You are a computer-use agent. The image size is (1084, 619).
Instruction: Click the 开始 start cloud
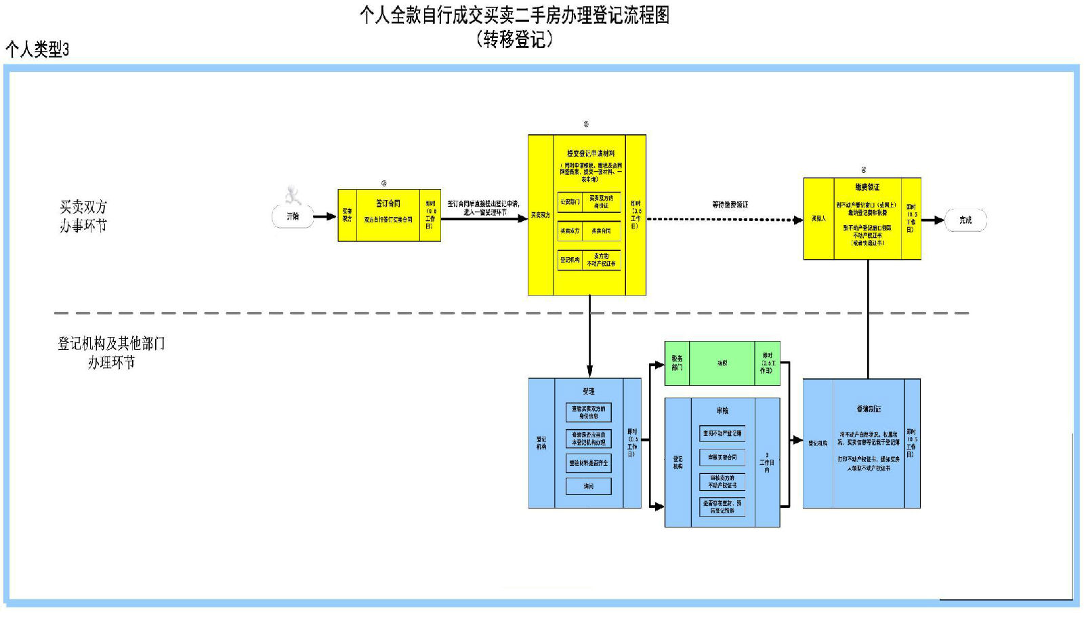tap(293, 217)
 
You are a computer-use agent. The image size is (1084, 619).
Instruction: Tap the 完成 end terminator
tap(965, 220)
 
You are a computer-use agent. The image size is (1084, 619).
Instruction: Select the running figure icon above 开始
tap(293, 195)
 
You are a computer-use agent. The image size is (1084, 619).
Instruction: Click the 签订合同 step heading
tap(388, 203)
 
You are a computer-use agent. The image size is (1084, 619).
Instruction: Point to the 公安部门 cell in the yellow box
tap(570, 202)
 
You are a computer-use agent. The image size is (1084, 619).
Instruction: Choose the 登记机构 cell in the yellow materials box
tap(570, 260)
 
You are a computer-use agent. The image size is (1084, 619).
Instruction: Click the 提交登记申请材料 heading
tap(591, 154)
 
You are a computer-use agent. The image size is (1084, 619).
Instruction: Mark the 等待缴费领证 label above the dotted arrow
tap(730, 205)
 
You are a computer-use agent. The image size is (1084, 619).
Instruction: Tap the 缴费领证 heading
tap(867, 187)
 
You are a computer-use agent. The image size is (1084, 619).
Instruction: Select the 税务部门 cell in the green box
tap(677, 363)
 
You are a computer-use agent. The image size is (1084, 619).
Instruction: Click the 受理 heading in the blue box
tap(588, 391)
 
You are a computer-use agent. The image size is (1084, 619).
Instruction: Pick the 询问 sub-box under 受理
tap(588, 486)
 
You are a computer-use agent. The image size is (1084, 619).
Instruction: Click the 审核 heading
tap(722, 411)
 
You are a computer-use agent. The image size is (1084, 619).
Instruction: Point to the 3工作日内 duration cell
tap(767, 462)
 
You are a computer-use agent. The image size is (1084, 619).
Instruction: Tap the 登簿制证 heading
tap(869, 409)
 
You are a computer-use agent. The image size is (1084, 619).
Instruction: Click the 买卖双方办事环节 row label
tap(83, 216)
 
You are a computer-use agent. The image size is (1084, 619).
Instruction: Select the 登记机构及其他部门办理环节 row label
tap(111, 353)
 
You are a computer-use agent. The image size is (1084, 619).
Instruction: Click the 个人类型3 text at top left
tap(37, 49)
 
